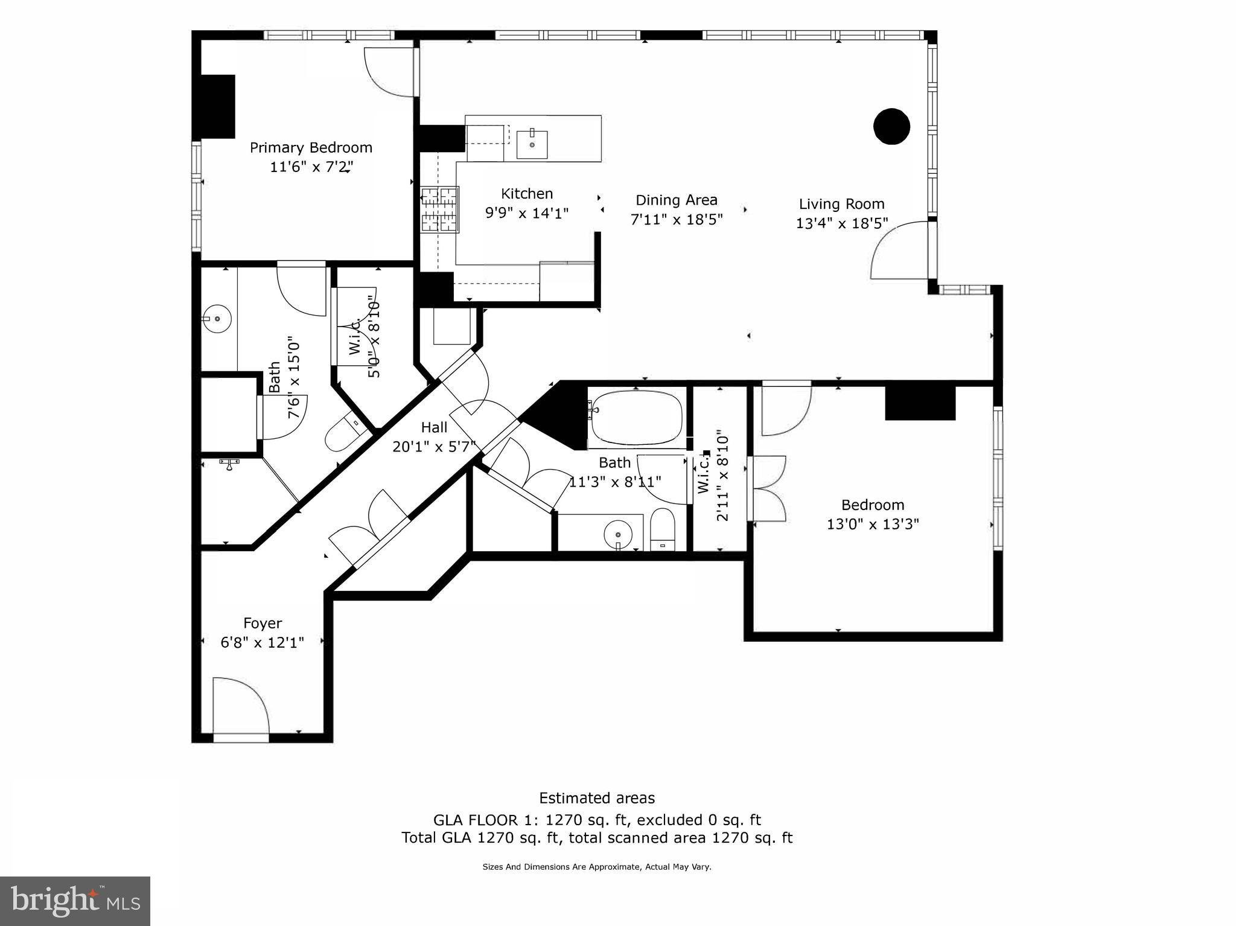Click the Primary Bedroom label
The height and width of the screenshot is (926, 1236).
click(311, 147)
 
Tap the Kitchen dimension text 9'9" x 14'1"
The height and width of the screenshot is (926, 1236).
click(527, 213)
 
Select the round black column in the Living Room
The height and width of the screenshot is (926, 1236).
click(891, 126)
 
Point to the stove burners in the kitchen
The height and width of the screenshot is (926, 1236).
click(439, 209)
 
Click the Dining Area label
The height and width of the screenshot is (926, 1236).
click(676, 200)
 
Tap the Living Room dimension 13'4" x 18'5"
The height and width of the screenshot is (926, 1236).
click(841, 223)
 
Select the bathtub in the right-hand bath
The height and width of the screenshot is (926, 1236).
click(637, 417)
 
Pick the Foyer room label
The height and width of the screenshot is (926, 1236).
click(263, 623)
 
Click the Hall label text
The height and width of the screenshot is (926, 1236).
click(434, 427)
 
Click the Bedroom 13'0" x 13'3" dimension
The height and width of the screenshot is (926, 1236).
click(872, 523)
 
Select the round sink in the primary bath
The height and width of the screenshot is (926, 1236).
click(217, 319)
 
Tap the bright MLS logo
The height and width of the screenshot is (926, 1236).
click(75, 901)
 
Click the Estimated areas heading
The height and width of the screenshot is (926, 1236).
click(596, 798)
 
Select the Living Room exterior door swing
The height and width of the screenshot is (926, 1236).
click(899, 251)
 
